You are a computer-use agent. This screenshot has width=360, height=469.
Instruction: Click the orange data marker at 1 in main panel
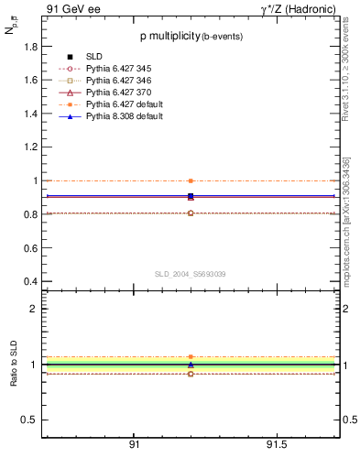pos(191,181)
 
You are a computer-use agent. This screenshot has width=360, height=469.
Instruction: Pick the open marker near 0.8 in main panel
pos(191,213)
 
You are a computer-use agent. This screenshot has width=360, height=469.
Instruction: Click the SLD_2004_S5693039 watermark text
pos(190,274)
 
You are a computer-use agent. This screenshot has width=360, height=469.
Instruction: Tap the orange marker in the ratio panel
pos(191,357)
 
